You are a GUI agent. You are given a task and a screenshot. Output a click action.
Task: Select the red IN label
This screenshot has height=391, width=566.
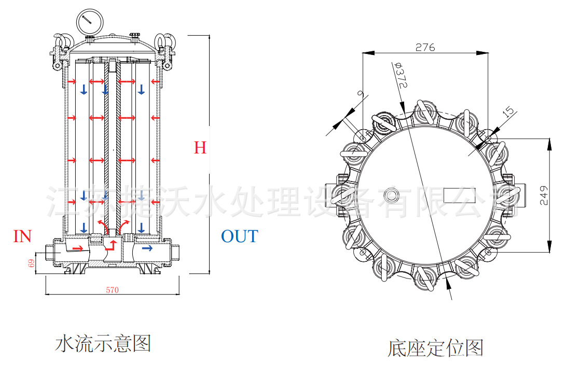point(22,237)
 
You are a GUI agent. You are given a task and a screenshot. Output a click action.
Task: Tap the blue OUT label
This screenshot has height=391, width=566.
point(239,236)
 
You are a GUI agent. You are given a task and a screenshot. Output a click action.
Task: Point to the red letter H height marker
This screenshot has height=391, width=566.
point(200,148)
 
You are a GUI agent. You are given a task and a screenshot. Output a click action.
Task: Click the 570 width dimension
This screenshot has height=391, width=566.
point(112,290)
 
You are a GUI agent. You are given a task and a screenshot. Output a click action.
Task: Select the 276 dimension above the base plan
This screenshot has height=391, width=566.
point(425,47)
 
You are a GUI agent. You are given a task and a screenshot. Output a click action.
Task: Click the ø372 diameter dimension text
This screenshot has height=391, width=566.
point(400,76)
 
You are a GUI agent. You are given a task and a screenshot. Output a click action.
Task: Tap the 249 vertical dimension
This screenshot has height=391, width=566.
point(543,195)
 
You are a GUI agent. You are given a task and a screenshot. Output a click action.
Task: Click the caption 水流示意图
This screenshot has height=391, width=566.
point(103,344)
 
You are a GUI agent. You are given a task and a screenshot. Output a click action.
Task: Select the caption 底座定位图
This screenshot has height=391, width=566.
point(435,348)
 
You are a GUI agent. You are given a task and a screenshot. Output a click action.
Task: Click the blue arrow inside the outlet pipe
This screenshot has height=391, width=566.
point(147,249)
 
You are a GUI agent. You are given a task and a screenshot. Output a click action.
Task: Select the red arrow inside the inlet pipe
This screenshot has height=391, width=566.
point(77,249)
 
